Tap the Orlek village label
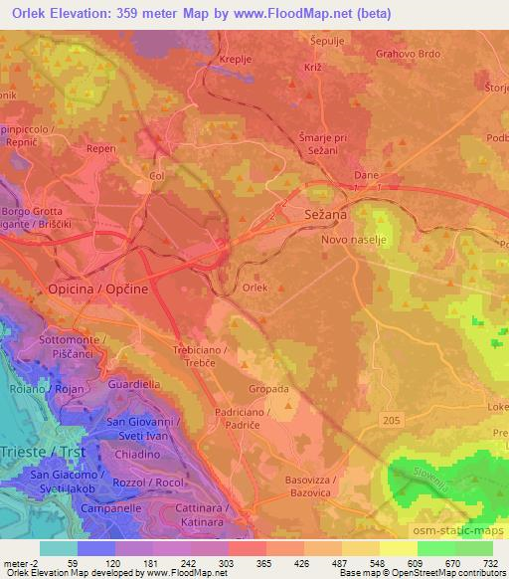[x=255, y=288]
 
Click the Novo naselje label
[x=354, y=241]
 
